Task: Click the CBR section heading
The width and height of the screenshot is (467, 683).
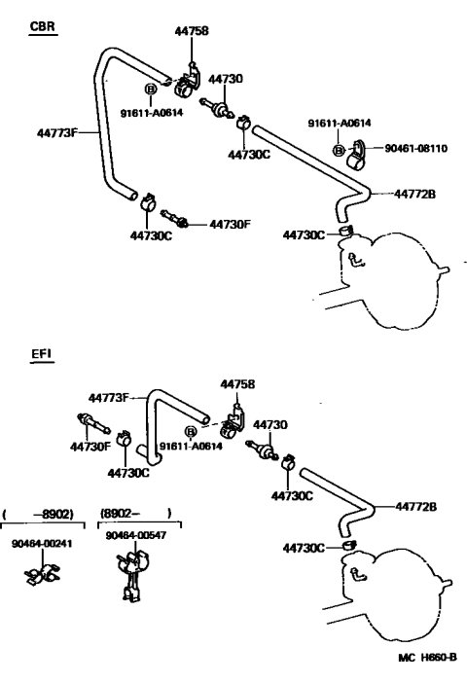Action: [x=43, y=26]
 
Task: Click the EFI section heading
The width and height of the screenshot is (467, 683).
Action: [x=42, y=353]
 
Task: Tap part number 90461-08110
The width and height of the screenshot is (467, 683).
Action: [x=416, y=148]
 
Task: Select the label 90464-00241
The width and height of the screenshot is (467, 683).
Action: [x=42, y=544]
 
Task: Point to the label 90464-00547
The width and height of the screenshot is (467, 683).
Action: [x=136, y=535]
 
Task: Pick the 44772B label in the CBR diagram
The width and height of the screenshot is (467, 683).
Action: [x=414, y=194]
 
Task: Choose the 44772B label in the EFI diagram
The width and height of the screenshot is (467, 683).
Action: [x=416, y=507]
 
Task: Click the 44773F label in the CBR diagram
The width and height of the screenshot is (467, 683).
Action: [x=57, y=133]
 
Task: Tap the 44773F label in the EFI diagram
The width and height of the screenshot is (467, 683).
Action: [x=109, y=398]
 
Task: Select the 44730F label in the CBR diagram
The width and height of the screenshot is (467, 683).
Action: [x=231, y=225]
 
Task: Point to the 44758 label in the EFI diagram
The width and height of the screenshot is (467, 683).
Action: [x=237, y=384]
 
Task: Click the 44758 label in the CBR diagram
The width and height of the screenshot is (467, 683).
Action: [x=192, y=31]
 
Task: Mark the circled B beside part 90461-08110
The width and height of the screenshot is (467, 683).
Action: [x=339, y=150]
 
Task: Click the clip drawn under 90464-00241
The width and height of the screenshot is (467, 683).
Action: [x=42, y=575]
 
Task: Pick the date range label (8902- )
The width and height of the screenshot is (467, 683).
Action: [x=136, y=513]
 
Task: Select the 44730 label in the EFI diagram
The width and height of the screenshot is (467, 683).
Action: [x=270, y=424]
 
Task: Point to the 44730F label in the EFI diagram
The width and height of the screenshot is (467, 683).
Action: [x=90, y=447]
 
